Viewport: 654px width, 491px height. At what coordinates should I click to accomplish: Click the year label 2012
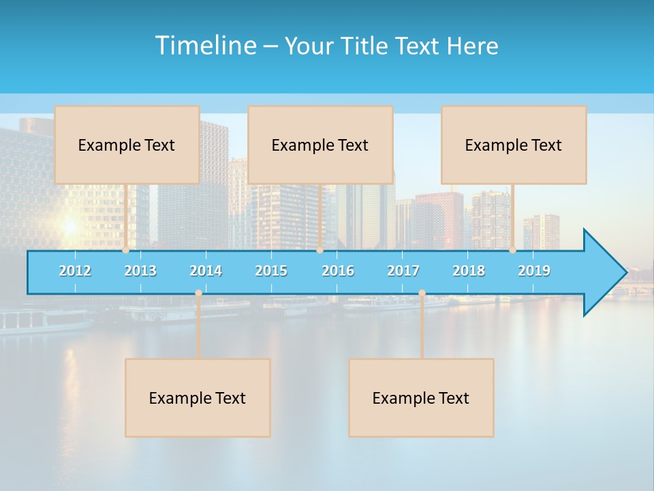tap(75, 271)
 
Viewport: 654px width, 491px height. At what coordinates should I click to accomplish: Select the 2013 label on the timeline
tap(140, 271)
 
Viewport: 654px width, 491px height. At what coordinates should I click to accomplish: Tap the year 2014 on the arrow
tap(206, 271)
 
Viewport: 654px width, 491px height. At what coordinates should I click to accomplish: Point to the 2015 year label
tap(271, 271)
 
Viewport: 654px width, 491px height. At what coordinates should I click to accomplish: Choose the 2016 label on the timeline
tap(338, 271)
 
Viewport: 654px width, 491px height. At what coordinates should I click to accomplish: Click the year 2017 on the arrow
tap(403, 271)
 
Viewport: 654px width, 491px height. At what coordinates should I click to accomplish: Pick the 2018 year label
tap(469, 271)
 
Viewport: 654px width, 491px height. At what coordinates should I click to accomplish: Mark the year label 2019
tap(534, 271)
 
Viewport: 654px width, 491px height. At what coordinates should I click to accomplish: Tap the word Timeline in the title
tap(204, 46)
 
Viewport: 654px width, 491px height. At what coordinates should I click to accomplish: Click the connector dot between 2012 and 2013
tap(126, 250)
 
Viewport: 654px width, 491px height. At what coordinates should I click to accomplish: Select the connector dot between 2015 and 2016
tap(320, 250)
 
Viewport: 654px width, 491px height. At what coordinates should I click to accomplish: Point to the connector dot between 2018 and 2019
tap(512, 250)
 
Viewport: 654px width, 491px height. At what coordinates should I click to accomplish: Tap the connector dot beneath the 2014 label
tap(198, 293)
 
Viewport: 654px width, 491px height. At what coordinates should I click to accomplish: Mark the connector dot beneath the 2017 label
tap(422, 293)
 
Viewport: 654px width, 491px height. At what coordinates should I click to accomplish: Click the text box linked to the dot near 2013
tap(127, 145)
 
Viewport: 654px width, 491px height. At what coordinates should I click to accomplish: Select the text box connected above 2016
tap(320, 145)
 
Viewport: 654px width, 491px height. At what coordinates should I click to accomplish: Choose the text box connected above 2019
tap(514, 145)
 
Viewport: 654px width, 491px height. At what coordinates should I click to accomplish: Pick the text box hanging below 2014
tap(198, 398)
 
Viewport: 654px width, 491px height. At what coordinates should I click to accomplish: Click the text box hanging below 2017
tap(421, 398)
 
